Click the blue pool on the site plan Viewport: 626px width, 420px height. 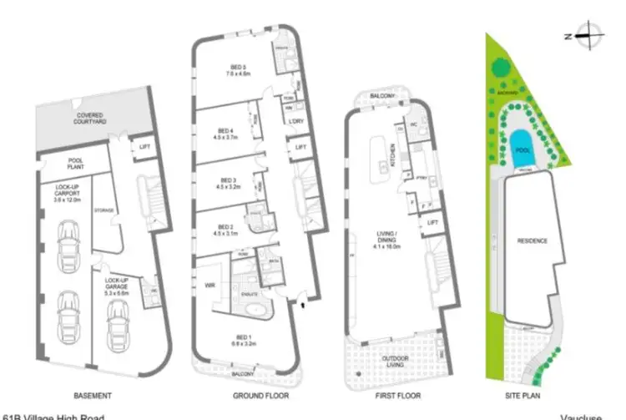point(523,150)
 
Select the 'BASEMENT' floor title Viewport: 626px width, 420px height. point(93,395)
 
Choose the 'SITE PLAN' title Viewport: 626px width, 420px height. point(524,395)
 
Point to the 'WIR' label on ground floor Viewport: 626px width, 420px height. point(210,285)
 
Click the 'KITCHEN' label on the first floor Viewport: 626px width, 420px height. point(392,154)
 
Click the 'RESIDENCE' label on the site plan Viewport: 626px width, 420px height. point(532,241)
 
